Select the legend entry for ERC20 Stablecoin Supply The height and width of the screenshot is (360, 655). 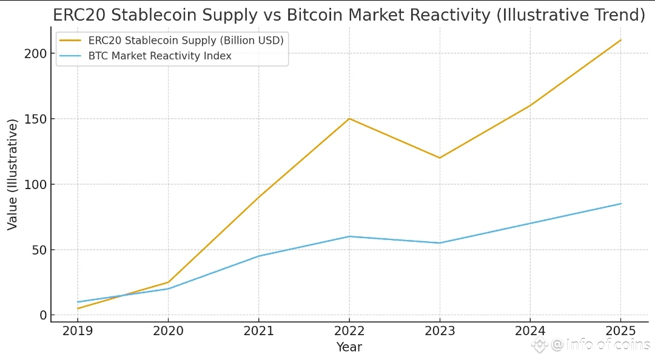186,40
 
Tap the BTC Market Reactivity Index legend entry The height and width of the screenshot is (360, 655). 160,56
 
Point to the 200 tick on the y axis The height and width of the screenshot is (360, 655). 36,53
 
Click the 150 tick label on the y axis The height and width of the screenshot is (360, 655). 36,119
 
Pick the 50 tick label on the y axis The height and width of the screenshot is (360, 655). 39,250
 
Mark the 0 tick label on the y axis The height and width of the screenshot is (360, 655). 42,315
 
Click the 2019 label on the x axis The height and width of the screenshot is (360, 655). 77,331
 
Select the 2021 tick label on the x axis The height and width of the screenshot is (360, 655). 258,331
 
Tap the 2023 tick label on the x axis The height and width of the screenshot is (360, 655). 440,331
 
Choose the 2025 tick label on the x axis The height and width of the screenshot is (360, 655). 621,331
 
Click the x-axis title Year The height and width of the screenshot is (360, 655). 349,347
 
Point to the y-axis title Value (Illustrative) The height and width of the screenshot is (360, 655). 13,175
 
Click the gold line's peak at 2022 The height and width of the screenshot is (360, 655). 349,118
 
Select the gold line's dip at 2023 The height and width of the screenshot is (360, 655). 440,158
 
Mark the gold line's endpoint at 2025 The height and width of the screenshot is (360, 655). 621,40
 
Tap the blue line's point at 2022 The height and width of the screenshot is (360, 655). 349,236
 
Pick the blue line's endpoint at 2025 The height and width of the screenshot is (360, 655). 621,204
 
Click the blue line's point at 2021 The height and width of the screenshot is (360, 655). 258,256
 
